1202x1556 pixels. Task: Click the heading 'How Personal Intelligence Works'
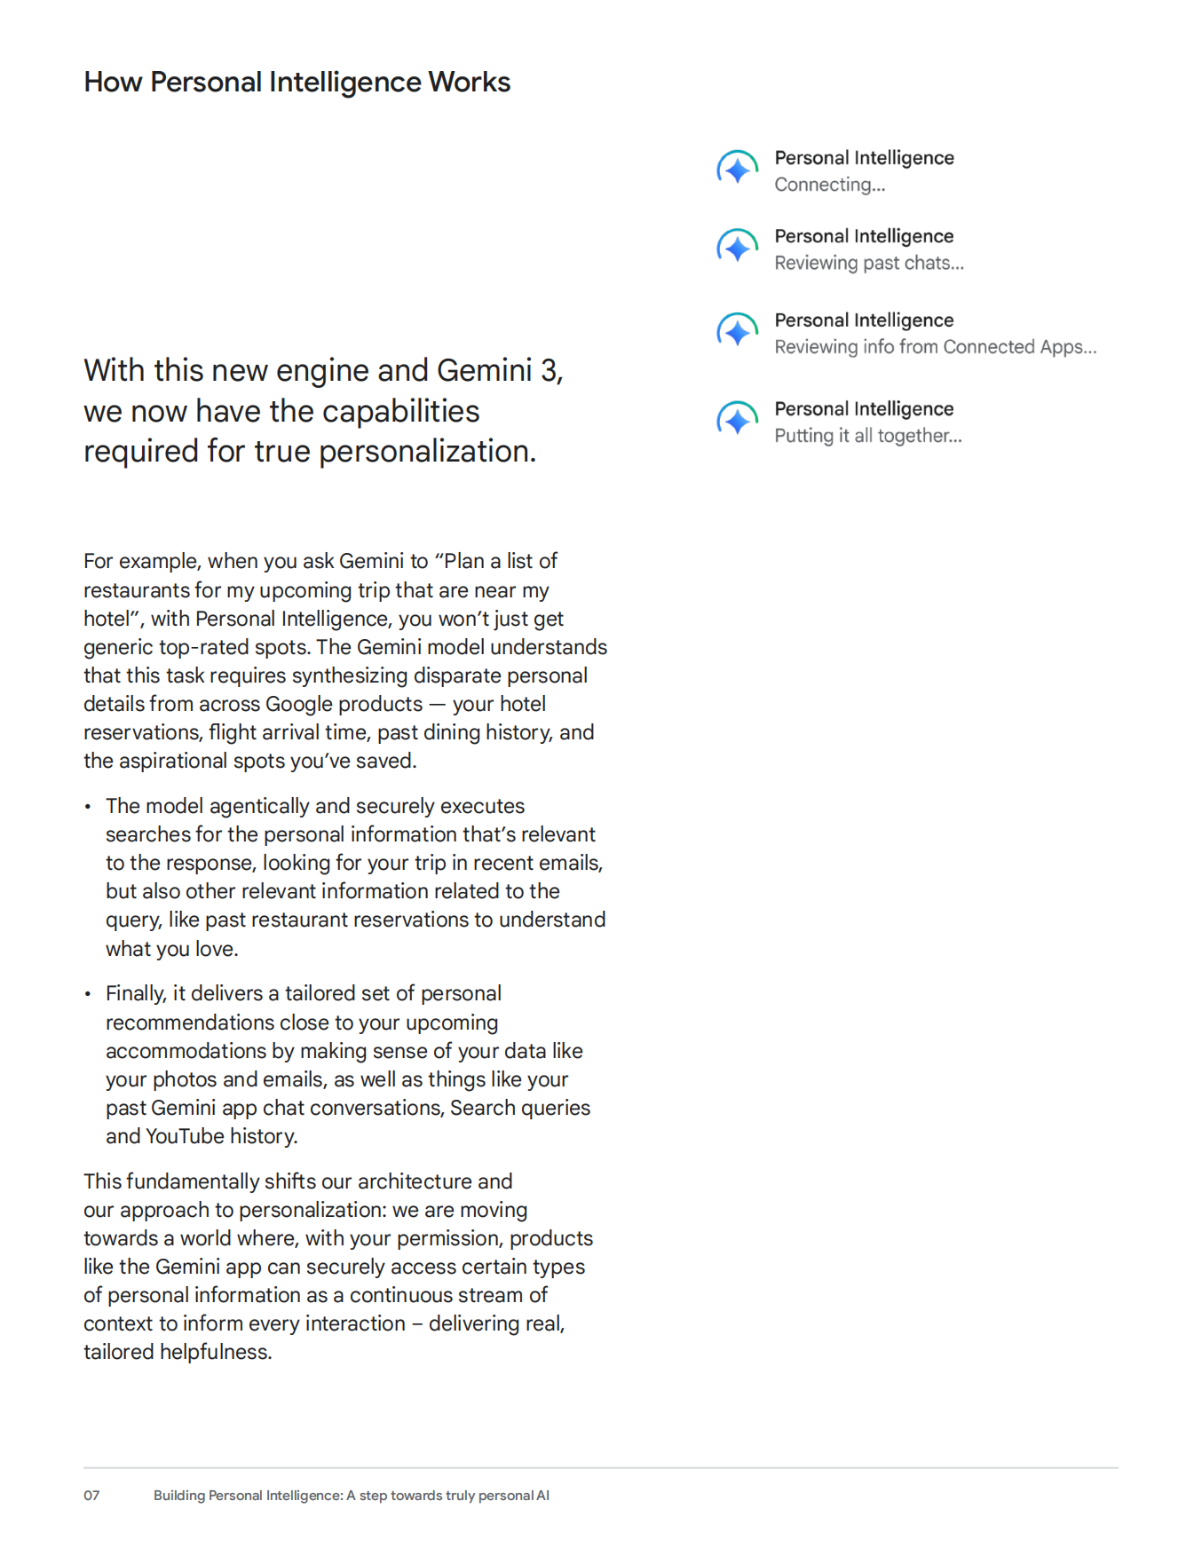coord(297,83)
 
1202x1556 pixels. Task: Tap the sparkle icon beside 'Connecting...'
coord(737,169)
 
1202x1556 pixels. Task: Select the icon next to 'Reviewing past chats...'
coord(737,248)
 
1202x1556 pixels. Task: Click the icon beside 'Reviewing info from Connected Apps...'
coord(737,332)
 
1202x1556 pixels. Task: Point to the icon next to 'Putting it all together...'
coord(737,420)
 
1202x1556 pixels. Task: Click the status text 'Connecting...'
coord(829,185)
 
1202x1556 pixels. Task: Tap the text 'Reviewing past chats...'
coord(868,264)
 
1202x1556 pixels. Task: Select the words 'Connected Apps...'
coord(1019,347)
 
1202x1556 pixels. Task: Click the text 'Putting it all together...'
coord(867,436)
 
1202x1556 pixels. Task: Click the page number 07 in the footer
coord(91,1496)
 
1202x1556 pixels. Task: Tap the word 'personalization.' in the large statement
coord(427,452)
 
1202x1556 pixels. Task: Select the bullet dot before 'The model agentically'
coord(88,807)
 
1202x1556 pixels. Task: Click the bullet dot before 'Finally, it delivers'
coord(88,994)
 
